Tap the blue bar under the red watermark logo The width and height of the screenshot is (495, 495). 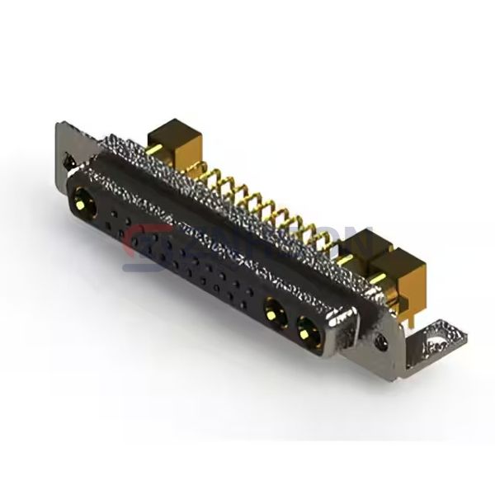pyautogui.click(x=148, y=266)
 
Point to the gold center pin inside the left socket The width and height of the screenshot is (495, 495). pyautogui.click(x=83, y=200)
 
